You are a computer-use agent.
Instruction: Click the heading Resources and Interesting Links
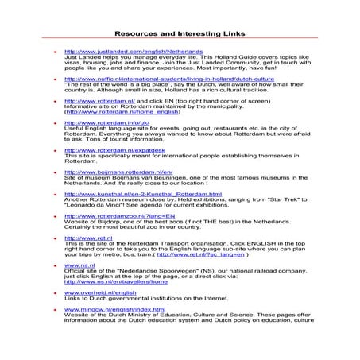(x=180, y=34)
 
